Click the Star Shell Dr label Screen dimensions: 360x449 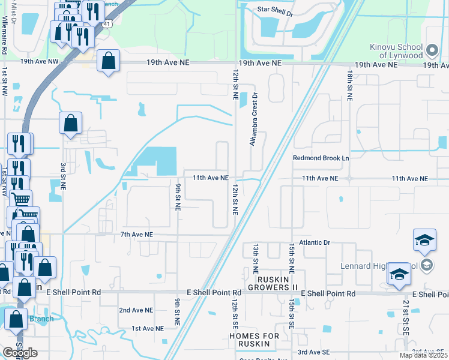coord(275,11)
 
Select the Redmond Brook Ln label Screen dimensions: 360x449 coord(321,158)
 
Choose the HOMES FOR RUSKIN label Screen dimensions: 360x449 coord(255,340)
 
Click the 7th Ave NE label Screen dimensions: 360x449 coord(137,235)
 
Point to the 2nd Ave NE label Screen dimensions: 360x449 coord(134,310)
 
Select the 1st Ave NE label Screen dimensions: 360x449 coord(148,328)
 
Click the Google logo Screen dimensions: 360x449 coord(20,353)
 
